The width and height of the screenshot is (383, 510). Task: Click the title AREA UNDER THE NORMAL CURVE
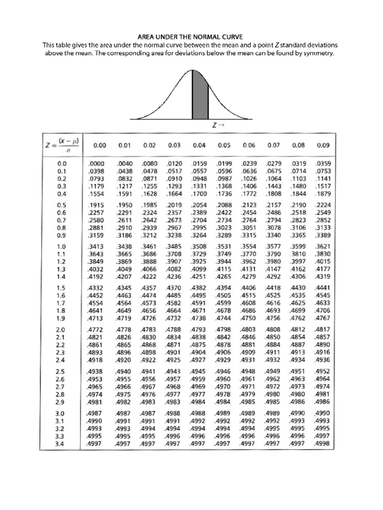190,37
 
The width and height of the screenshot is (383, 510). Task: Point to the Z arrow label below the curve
218,125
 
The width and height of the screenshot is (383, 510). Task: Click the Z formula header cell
63,145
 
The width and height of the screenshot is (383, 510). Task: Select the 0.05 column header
224,145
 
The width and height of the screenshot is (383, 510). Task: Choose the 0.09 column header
323,145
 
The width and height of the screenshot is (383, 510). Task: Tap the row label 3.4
60,444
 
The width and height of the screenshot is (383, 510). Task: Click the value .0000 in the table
96,164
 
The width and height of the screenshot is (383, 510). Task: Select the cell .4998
322,444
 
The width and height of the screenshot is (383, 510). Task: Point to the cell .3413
95,247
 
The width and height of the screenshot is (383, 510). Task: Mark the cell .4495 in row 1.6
198,295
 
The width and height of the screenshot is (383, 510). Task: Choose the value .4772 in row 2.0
95,330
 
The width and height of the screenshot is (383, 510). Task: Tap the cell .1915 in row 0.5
96,205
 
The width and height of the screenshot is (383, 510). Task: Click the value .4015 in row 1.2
323,262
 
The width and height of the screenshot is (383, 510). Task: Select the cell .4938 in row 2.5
94,371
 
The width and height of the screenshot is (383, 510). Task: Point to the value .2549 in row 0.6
323,213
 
